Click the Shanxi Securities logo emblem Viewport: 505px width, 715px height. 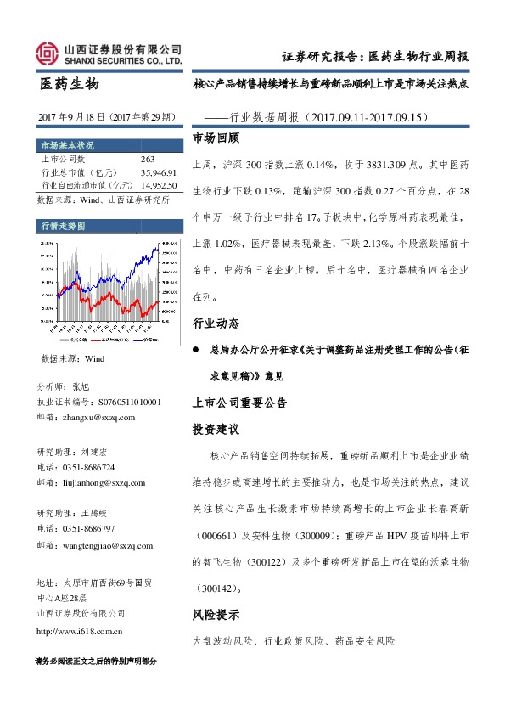tap(48, 53)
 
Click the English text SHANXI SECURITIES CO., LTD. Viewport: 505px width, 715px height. tap(124, 62)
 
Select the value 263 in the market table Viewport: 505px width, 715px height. tap(147, 159)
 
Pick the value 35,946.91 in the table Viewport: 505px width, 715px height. tap(157, 172)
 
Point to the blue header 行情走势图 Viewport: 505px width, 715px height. tap(64, 226)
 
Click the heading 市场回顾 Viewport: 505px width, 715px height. tap(216, 137)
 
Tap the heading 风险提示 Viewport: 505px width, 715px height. tap(216, 614)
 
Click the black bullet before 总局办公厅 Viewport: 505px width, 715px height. tap(197, 349)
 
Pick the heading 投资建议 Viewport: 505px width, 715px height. tap(216, 429)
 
